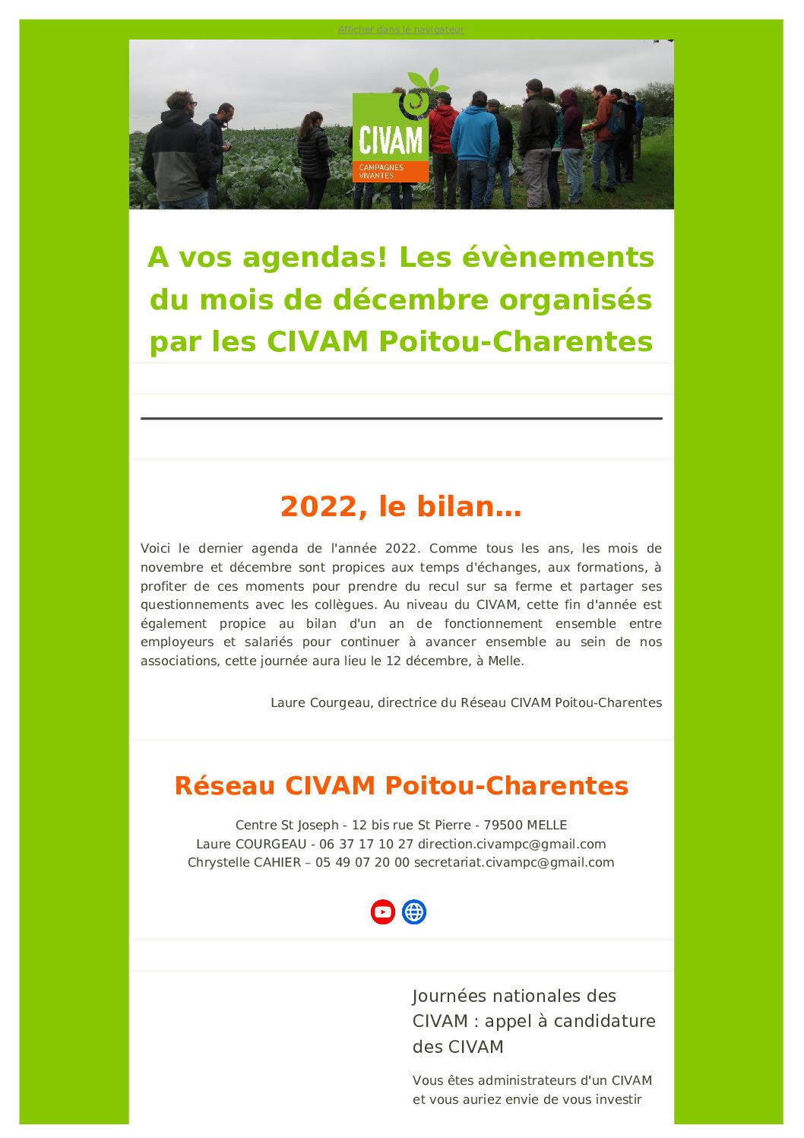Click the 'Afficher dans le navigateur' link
coord(400,30)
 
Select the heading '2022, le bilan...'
coord(401,506)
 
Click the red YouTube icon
coord(383,911)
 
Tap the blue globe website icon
coord(414,911)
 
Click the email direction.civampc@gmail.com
coord(511,844)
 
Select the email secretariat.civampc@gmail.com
coord(514,862)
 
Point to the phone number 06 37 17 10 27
coord(366,844)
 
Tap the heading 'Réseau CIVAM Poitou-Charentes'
coord(401,785)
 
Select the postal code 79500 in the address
coord(503,825)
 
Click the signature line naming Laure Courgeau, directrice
coord(466,702)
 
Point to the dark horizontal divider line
coord(401,418)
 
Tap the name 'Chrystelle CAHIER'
coord(244,862)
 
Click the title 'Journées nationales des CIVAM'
coord(514,996)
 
